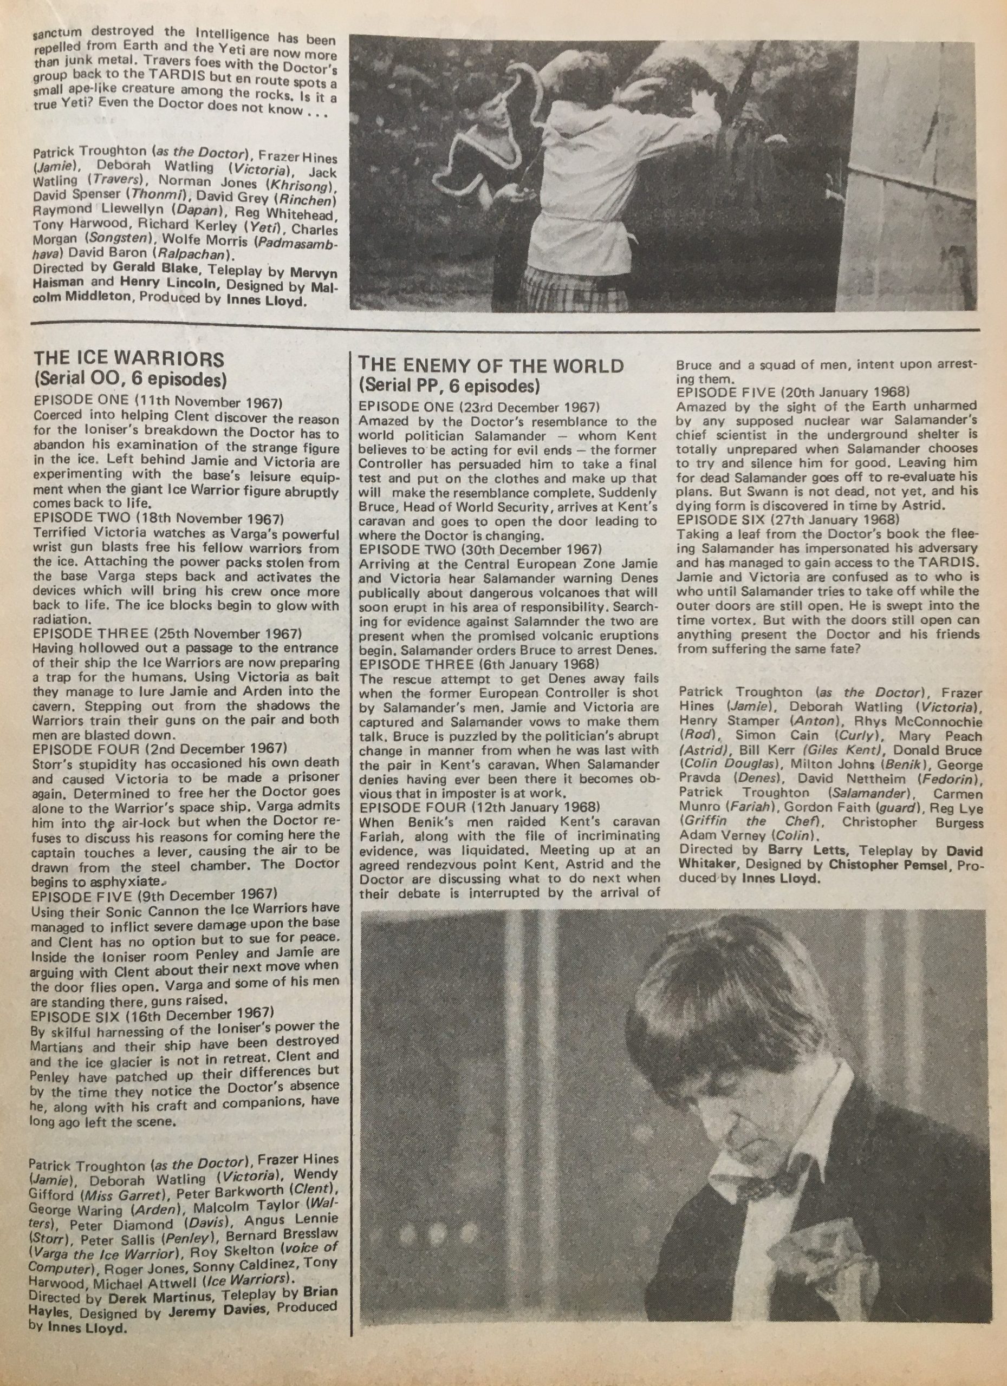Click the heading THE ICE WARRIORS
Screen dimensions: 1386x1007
point(128,359)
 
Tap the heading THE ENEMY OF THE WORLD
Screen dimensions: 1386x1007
point(490,366)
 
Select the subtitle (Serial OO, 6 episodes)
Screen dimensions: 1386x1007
point(130,380)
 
